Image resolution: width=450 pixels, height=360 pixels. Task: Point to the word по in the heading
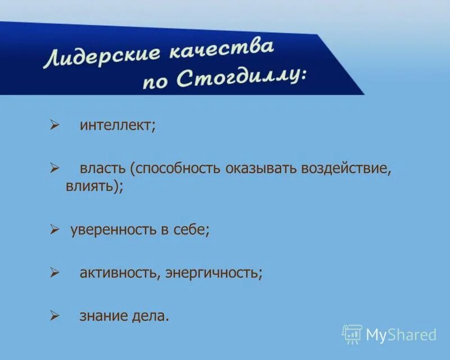pos(156,82)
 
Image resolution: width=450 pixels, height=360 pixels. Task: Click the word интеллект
pos(117,125)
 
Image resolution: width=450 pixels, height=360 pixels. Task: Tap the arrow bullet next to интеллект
pos(55,125)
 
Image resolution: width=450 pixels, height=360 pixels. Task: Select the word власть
pos(102,168)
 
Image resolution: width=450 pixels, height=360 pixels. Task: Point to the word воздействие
pos(345,168)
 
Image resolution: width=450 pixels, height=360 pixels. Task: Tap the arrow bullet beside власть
pos(55,168)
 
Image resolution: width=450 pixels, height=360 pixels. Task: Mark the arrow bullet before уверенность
pos(55,229)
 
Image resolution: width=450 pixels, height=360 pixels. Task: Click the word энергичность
pos(214,273)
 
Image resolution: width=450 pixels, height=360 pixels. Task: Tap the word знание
pos(104,316)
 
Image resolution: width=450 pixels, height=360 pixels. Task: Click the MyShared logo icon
pos(352,334)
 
